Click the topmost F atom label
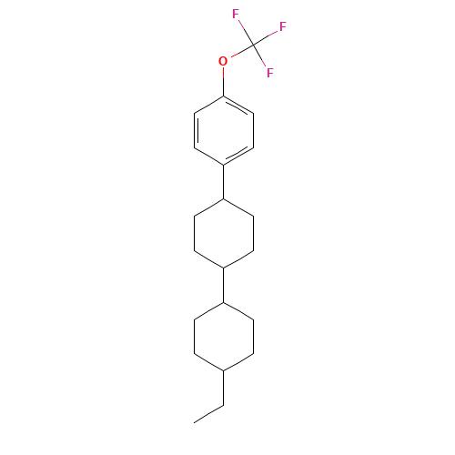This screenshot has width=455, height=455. coord(236,14)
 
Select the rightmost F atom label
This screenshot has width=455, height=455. coord(283,27)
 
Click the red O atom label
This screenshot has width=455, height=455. coord(223,61)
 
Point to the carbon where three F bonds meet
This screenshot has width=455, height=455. coord(253,44)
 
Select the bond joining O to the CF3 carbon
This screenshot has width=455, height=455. coord(239,52)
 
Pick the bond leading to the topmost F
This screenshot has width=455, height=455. coord(245,30)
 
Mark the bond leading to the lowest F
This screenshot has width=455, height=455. coord(261,57)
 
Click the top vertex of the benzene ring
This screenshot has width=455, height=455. coord(223,96)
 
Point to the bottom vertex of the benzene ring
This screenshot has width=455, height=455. coord(223,164)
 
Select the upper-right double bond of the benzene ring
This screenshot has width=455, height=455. coord(238,106)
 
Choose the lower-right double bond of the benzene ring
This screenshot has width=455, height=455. coord(238,154)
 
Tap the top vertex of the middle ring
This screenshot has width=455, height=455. coord(223,199)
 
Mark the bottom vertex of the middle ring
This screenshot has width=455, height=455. coord(223,267)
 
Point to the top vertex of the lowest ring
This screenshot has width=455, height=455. coord(223,302)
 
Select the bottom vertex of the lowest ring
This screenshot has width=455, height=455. coord(223,369)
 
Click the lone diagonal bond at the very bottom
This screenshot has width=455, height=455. coord(208,413)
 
